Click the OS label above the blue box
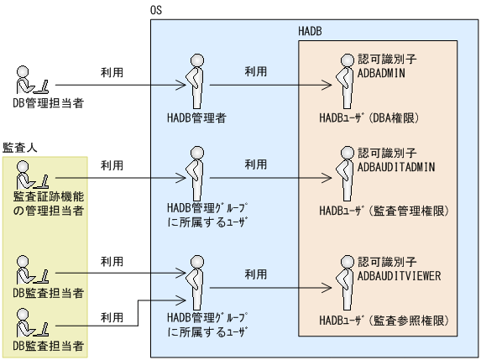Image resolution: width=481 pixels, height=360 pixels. pyautogui.click(x=155, y=10)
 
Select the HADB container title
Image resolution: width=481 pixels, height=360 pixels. pyautogui.click(x=311, y=31)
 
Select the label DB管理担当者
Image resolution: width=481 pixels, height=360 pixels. pyautogui.click(x=49, y=104)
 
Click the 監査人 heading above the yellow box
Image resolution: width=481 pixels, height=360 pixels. pyautogui.click(x=19, y=147)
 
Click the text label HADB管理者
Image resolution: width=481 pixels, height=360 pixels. pyautogui.click(x=196, y=118)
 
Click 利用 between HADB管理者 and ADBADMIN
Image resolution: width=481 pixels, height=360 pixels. pyautogui.click(x=256, y=73)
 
